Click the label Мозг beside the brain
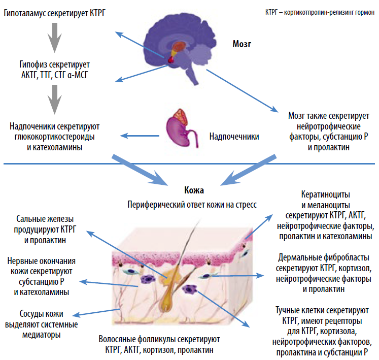click(242, 44)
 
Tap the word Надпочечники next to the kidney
click(234, 137)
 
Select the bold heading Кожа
click(194, 190)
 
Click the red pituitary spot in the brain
click(171, 59)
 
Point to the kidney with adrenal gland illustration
click(181, 128)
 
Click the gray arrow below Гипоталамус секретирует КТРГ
click(55, 38)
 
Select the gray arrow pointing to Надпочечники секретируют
click(55, 99)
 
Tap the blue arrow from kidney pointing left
click(140, 136)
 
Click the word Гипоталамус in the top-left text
click(25, 13)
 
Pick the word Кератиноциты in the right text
click(326, 194)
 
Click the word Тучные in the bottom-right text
click(288, 310)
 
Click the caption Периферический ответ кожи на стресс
click(192, 205)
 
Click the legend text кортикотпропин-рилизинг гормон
click(329, 12)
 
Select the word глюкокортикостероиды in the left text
click(55, 137)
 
